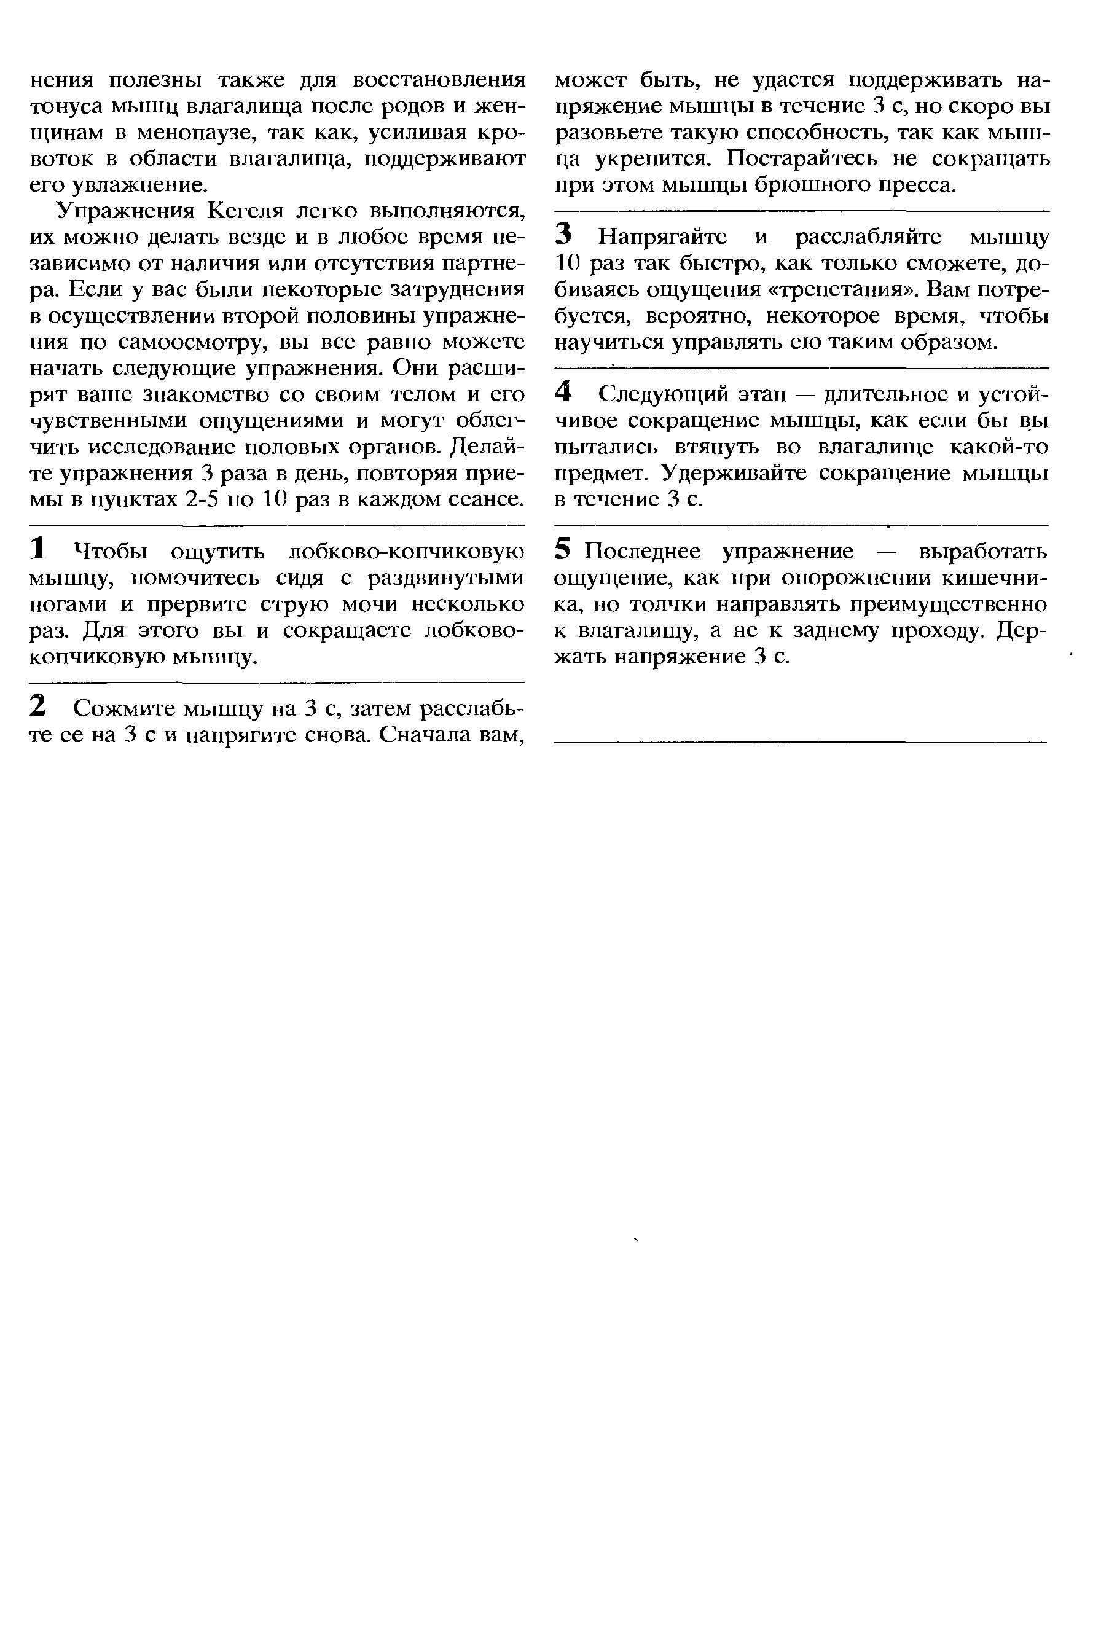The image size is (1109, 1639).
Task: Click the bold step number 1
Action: (x=39, y=549)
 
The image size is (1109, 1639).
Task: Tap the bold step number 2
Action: (x=39, y=706)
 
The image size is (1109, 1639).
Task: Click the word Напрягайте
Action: (x=662, y=237)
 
